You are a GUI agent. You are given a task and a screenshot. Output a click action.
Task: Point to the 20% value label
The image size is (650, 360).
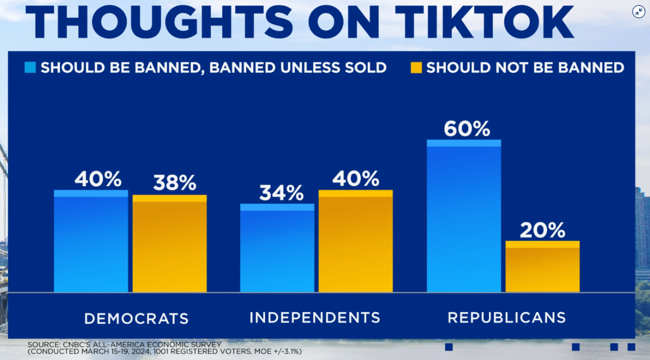click(x=542, y=231)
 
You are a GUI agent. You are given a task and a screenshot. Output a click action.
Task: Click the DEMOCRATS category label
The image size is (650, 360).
click(x=136, y=318)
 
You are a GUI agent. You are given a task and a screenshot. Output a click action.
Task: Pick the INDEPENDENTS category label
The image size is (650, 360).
click(x=315, y=317)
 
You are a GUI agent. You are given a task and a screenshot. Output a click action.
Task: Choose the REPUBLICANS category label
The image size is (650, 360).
click(x=506, y=317)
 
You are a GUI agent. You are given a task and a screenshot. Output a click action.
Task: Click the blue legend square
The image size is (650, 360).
click(x=30, y=68)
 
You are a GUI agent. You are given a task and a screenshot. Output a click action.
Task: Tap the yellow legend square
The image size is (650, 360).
click(x=416, y=68)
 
